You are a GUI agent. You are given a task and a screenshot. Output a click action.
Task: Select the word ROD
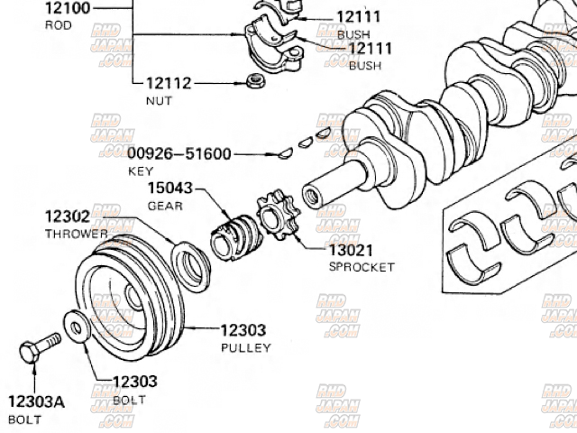click(58, 25)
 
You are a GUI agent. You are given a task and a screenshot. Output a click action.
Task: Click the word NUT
click(158, 101)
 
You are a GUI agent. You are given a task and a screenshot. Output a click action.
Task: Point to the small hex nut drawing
click(255, 82)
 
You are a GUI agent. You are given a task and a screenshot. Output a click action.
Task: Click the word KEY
click(141, 170)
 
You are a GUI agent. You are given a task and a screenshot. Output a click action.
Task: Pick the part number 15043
click(170, 188)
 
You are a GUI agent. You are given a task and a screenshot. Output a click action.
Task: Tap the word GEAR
click(166, 206)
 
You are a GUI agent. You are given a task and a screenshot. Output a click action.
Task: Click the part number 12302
click(68, 216)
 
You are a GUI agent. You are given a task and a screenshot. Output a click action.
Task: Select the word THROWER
click(77, 234)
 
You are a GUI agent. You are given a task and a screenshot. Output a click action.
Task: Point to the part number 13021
click(351, 250)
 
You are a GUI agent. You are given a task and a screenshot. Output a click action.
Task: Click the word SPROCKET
click(362, 267)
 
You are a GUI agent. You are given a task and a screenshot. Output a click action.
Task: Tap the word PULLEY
click(245, 347)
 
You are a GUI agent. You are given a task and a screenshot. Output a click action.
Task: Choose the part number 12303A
click(37, 402)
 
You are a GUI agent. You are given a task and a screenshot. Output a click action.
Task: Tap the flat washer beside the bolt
click(77, 327)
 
